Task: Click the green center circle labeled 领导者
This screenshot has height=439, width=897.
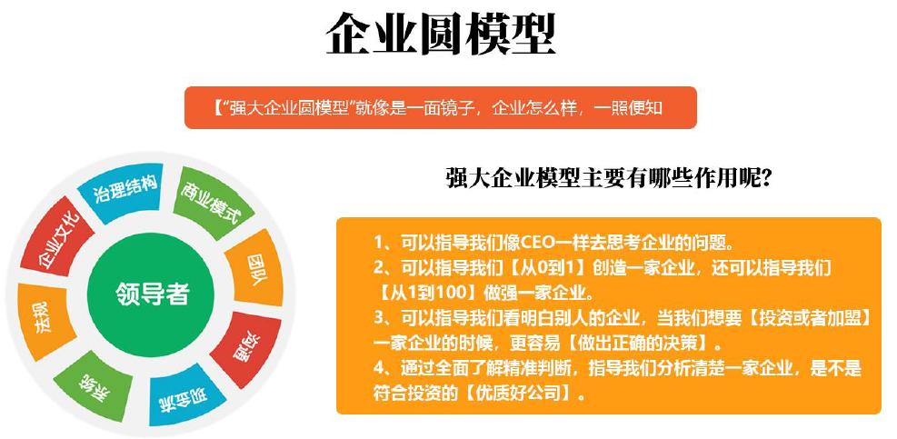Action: click(x=151, y=293)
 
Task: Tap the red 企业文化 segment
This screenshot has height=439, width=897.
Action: click(x=56, y=239)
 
